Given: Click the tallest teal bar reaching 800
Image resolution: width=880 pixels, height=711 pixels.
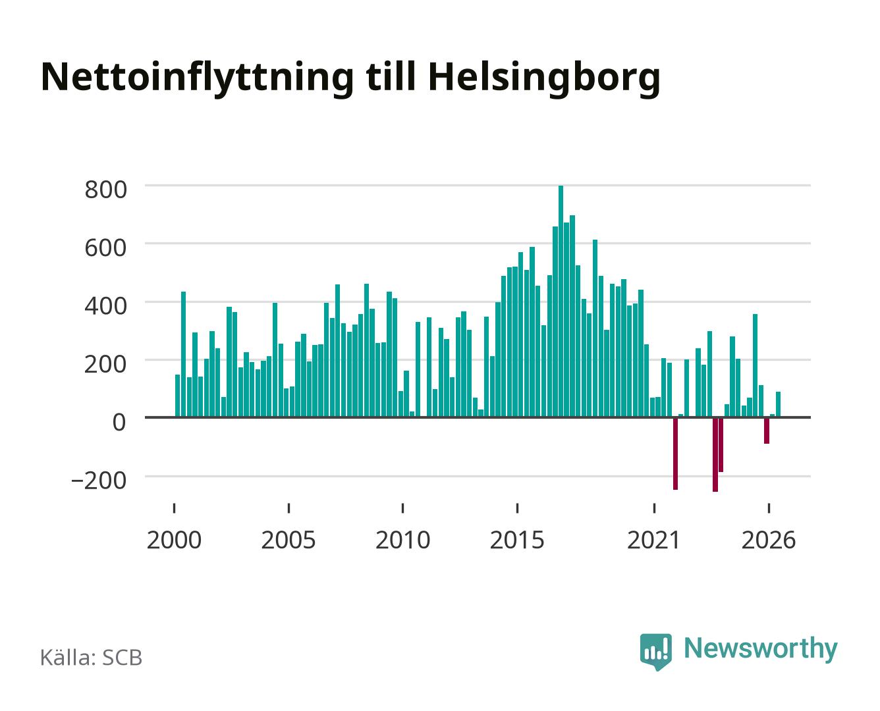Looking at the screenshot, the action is (561, 302).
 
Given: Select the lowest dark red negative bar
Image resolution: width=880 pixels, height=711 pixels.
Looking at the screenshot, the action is (715, 454).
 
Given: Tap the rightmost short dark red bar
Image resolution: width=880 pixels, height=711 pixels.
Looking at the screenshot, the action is (767, 431).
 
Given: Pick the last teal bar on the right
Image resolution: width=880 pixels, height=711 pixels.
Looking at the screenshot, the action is (778, 405).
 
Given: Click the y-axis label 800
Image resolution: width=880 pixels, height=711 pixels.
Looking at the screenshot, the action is (106, 190).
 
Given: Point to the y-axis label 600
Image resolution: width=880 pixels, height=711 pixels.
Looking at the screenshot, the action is (106, 248).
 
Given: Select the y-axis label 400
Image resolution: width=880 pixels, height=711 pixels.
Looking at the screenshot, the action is (106, 306).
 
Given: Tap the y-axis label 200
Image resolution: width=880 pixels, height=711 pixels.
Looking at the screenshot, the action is (106, 364).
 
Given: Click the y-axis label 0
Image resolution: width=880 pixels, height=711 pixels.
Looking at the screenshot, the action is (119, 423).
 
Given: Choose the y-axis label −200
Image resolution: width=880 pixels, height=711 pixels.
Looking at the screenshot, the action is (99, 480).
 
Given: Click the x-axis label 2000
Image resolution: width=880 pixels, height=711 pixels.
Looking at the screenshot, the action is (174, 540).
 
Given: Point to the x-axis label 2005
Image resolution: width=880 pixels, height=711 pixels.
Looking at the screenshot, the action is (289, 540).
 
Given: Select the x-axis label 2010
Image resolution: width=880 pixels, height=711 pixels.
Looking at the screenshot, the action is (403, 540).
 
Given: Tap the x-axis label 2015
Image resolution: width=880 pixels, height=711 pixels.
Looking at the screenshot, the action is (517, 540).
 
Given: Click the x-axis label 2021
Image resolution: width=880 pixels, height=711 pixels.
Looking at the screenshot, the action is (653, 540).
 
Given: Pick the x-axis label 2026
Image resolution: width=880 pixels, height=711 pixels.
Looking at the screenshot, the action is (769, 540).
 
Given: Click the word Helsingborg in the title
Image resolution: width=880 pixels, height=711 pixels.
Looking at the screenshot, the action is (544, 79).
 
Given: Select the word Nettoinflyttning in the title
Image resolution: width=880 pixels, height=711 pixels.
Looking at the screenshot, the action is (198, 79).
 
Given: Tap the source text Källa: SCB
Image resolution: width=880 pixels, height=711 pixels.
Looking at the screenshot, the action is (92, 657).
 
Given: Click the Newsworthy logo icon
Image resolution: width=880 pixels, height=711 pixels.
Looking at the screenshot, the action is (655, 652).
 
